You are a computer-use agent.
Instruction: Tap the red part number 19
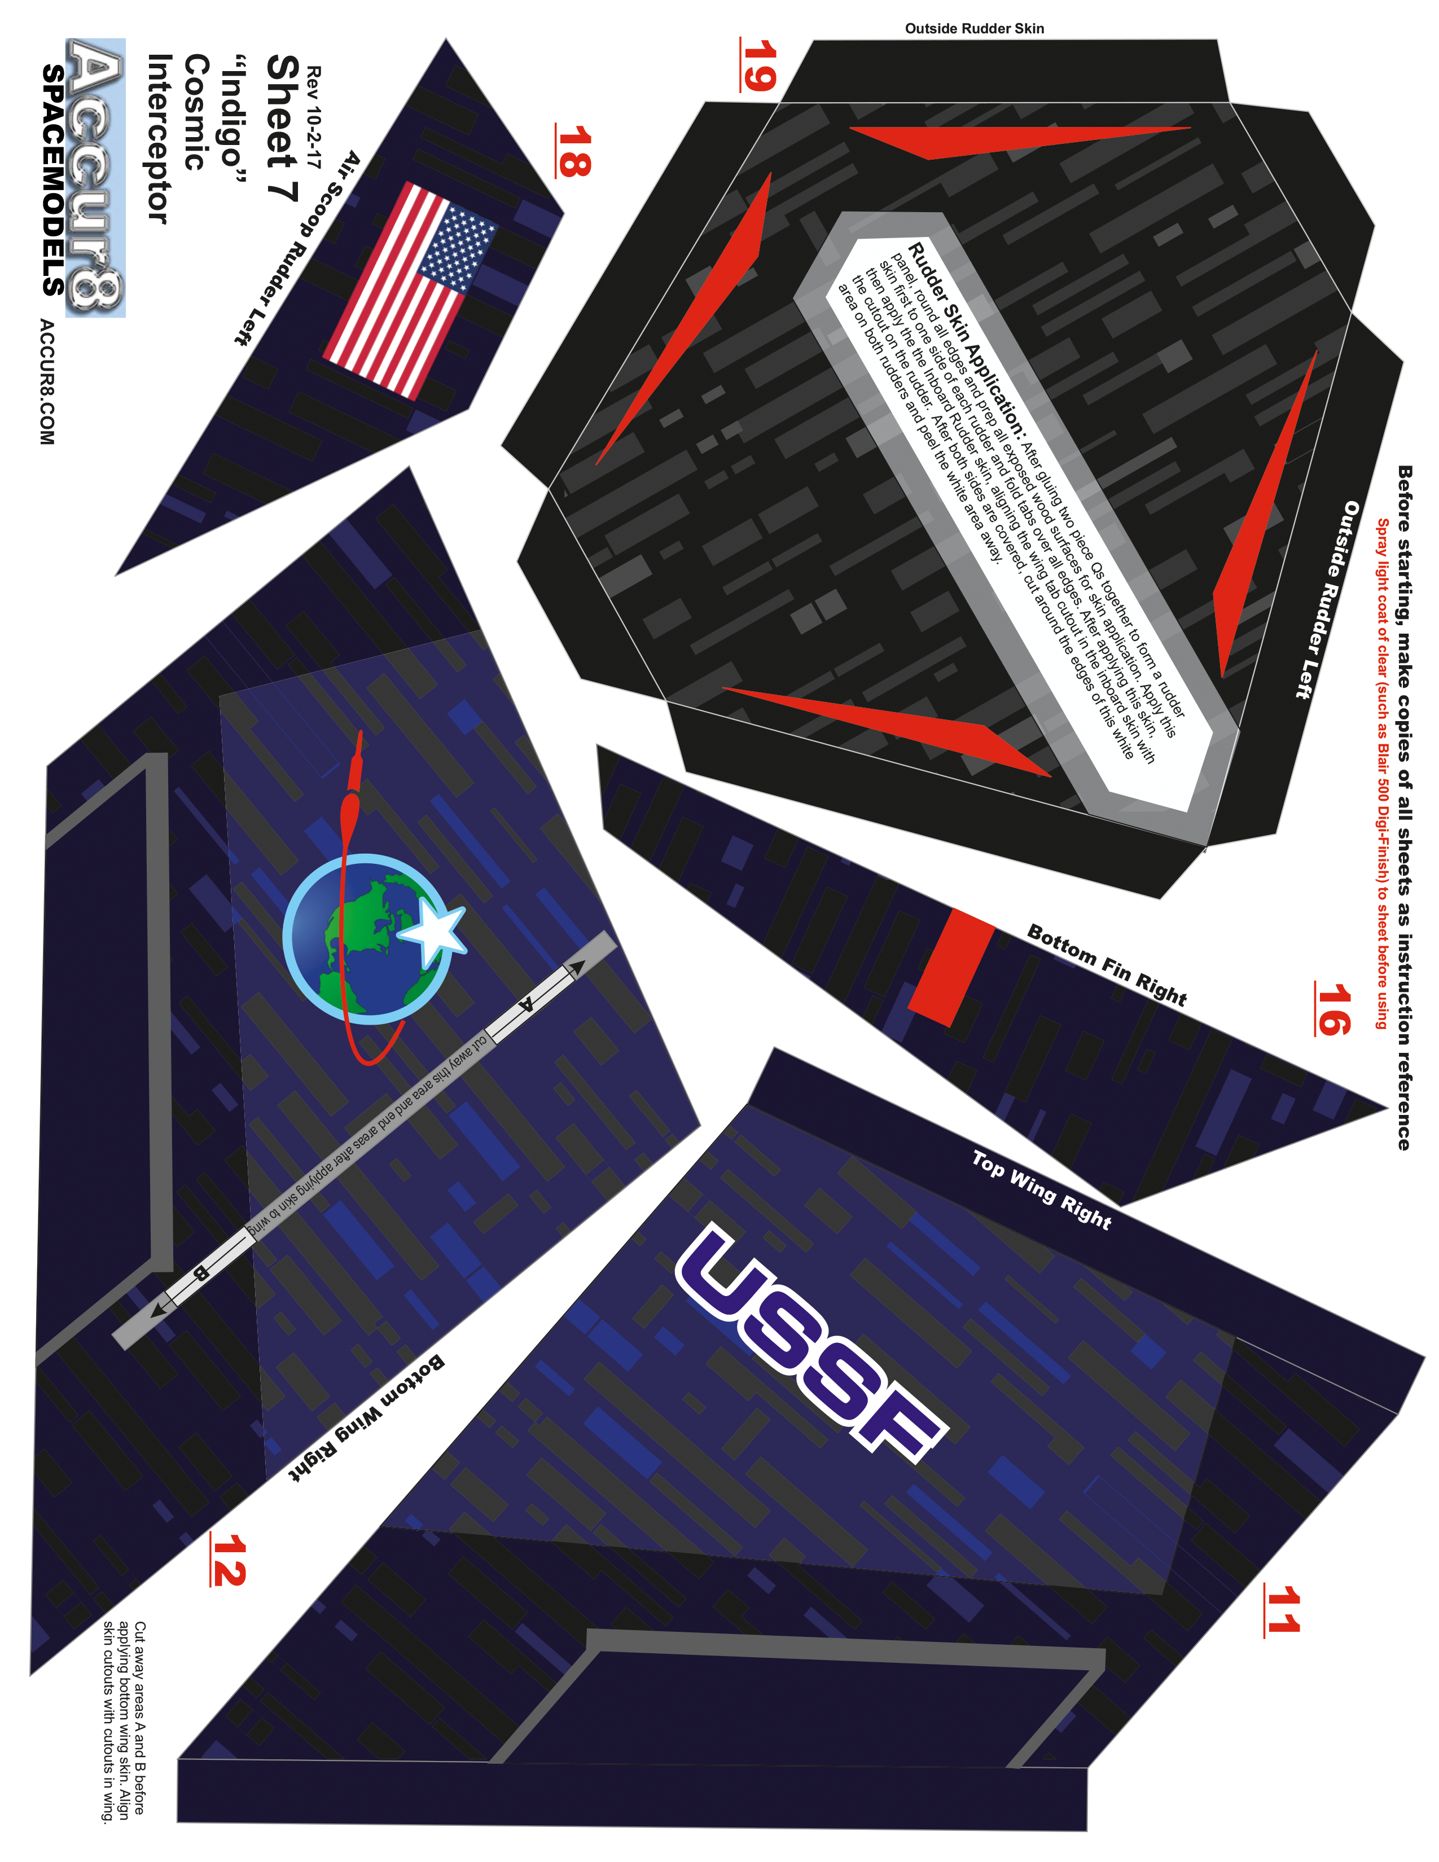click(x=757, y=65)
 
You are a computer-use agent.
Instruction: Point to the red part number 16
click(x=1332, y=1009)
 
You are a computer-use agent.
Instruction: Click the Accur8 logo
click(x=95, y=177)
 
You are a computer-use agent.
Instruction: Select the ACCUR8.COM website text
click(x=47, y=382)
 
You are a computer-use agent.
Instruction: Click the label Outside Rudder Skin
click(x=975, y=28)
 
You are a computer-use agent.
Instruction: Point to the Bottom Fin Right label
click(x=1107, y=964)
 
